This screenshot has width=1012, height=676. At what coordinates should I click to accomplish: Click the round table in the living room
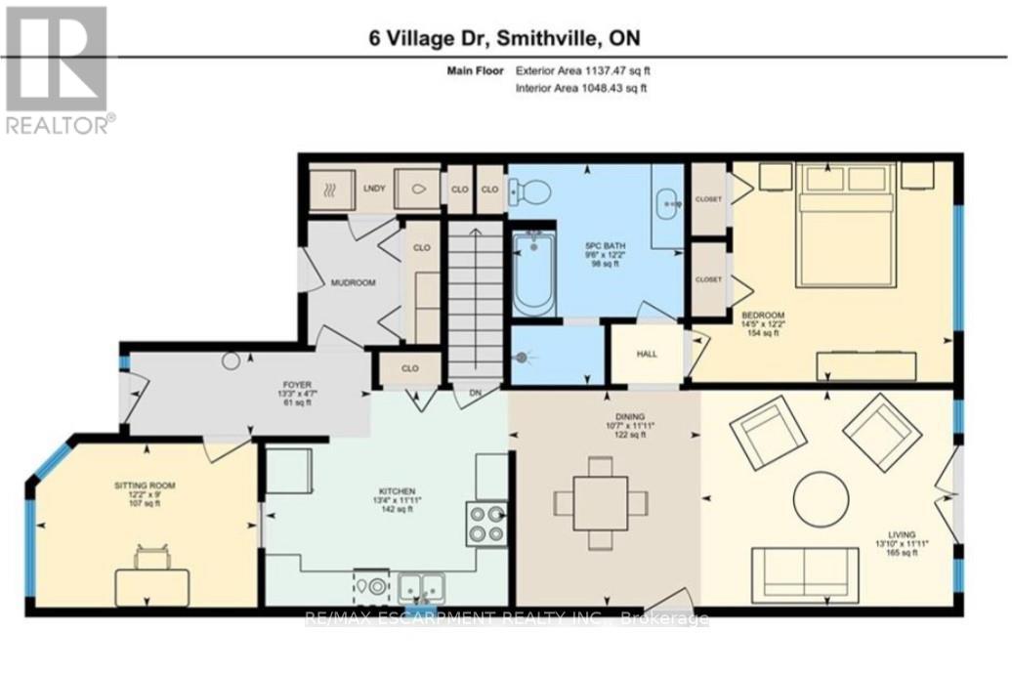(x=822, y=501)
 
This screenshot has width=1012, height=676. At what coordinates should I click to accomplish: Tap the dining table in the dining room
(x=600, y=503)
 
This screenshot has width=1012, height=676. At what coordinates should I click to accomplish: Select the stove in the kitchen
(x=485, y=524)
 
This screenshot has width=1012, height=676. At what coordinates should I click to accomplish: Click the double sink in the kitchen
(x=421, y=586)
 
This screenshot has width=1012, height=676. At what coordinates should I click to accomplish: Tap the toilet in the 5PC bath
(x=528, y=191)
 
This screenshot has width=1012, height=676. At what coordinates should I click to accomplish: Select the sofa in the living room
(x=804, y=568)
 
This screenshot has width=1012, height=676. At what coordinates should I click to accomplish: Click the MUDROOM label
(x=353, y=282)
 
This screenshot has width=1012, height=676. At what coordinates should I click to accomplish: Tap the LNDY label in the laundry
(x=373, y=190)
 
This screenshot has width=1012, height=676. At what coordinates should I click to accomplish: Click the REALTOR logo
(x=58, y=68)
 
